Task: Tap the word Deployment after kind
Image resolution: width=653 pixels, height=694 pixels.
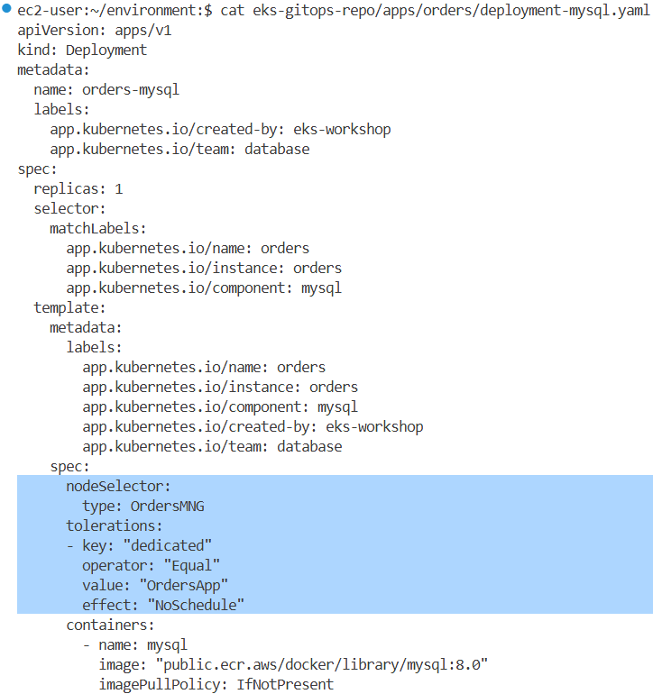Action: [x=106, y=50]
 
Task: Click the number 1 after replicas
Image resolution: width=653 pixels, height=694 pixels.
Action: [x=118, y=189]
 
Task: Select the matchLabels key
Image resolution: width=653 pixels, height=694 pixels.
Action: [x=97, y=229]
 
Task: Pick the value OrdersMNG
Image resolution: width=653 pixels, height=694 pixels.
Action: [x=167, y=507]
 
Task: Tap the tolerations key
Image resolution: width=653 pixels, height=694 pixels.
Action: [x=115, y=526]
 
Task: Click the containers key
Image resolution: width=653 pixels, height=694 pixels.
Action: [x=110, y=626]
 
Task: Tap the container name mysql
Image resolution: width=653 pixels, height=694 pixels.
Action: [x=167, y=645]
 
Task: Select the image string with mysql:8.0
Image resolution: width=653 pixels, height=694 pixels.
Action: [x=321, y=665]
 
